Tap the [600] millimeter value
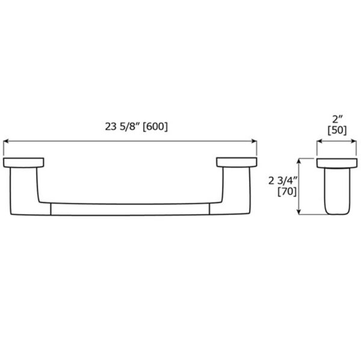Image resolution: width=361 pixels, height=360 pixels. click(154, 127)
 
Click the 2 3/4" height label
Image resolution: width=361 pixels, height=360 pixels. click(283, 180)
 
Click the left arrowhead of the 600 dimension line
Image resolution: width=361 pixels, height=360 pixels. click(7, 142)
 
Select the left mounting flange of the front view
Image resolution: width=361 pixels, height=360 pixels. click(23, 162)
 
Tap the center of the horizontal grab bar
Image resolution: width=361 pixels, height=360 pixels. click(130, 209)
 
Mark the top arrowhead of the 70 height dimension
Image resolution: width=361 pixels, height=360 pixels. click(300, 160)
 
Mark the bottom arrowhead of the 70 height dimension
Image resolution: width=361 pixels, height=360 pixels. click(300, 212)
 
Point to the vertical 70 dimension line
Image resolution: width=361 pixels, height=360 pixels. click(300, 186)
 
